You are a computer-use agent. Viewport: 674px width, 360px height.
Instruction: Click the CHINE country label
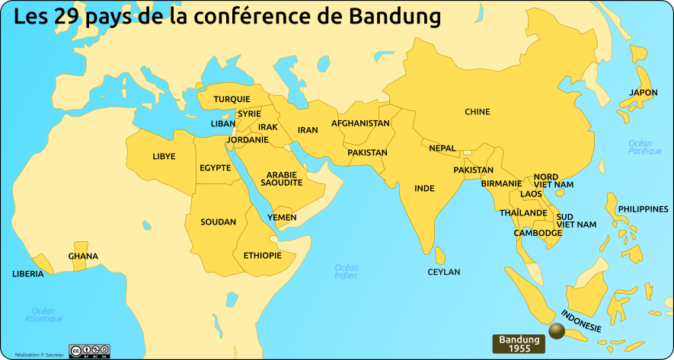click(x=478, y=113)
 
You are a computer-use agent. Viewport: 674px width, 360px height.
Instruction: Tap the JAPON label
click(x=643, y=93)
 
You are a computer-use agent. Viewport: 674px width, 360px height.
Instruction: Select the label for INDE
click(x=424, y=188)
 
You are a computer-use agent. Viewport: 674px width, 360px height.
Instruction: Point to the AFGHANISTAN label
click(x=360, y=123)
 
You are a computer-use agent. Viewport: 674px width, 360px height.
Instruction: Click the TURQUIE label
click(x=232, y=100)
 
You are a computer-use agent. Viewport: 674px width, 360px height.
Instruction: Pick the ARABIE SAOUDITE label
click(x=282, y=179)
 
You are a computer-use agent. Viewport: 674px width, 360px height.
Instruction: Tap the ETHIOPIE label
click(x=263, y=256)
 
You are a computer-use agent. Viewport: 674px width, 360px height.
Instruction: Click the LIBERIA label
click(x=28, y=274)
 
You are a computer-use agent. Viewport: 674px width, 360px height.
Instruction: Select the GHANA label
click(x=83, y=256)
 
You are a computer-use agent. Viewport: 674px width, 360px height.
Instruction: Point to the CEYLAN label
click(x=444, y=272)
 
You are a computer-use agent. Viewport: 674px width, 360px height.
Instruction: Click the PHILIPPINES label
click(x=643, y=209)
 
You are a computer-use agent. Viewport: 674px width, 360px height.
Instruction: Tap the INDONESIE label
click(x=581, y=320)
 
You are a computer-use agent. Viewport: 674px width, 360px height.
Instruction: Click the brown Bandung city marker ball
click(x=557, y=330)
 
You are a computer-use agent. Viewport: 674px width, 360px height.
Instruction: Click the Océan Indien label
click(x=346, y=272)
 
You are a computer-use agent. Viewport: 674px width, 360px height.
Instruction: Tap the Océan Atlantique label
click(x=43, y=314)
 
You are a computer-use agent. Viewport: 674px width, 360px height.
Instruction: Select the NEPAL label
click(x=442, y=148)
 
